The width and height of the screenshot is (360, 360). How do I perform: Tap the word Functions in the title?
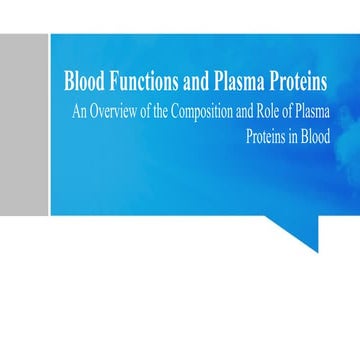(139, 81)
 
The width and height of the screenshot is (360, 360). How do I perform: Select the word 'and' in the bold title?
(191, 81)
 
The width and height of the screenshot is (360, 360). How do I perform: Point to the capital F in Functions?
(110, 81)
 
